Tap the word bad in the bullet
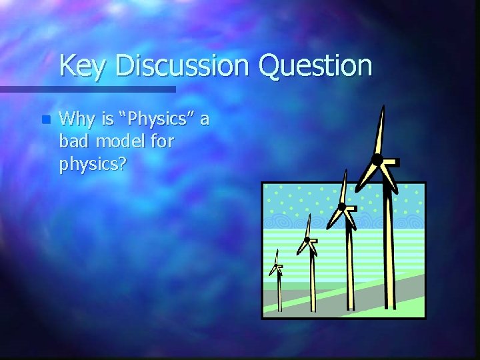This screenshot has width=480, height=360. [73, 141]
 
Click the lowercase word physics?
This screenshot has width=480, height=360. [93, 163]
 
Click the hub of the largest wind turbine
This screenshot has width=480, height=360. [377, 159]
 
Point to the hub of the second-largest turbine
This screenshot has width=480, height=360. [341, 207]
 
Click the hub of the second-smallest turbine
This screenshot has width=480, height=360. [307, 239]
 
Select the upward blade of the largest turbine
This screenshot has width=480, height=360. [381, 130]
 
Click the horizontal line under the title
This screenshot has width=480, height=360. [87, 89]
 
